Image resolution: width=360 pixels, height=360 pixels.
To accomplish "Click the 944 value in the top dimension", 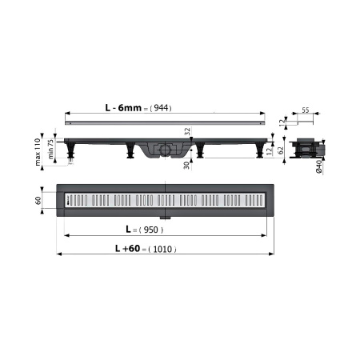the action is click(161, 108).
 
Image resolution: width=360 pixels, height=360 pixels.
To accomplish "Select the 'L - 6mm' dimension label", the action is click(123, 108).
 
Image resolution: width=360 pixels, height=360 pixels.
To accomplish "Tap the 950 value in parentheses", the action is click(150, 230).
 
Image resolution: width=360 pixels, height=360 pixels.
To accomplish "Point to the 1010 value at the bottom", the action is click(162, 249).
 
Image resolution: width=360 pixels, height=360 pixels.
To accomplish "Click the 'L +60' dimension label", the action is click(127, 249).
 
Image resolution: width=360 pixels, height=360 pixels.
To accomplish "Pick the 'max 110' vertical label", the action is click(38, 152).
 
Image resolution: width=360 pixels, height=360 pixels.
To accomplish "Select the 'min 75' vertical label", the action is click(50, 150).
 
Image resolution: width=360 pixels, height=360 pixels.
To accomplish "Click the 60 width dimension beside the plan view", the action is click(38, 200).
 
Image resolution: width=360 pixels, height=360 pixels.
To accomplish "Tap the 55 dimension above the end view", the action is click(306, 110).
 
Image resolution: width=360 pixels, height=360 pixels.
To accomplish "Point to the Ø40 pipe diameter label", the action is click(319, 167).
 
